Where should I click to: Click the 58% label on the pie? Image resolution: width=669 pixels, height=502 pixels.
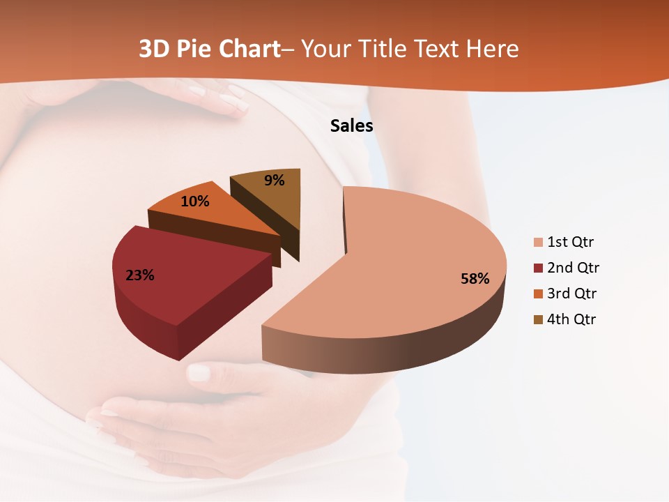point(475,279)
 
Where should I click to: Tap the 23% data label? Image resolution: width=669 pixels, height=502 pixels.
point(139,275)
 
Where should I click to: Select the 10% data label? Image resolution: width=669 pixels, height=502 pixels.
point(195,201)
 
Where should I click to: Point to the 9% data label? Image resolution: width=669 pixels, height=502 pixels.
point(275,181)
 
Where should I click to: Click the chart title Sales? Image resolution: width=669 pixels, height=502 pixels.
point(351,125)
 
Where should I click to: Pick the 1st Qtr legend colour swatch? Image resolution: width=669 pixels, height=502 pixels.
point(538,243)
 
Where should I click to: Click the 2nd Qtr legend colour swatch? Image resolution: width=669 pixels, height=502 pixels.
point(538,268)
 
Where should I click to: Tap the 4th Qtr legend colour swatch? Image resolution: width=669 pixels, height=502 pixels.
point(538,320)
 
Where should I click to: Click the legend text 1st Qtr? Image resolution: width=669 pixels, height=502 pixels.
point(571,243)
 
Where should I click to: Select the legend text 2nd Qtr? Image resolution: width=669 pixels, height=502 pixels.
point(573,268)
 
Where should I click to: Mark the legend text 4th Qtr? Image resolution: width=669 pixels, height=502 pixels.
point(572,320)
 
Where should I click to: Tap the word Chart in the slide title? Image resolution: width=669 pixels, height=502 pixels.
point(247,49)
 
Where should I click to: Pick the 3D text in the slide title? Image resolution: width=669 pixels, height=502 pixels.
point(154,49)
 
